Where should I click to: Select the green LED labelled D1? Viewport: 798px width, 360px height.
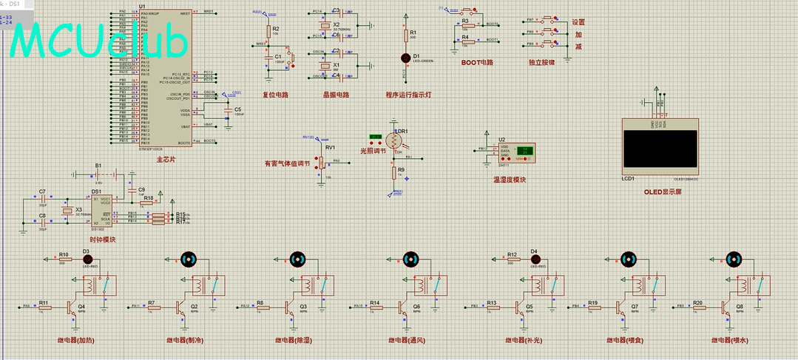[x=405, y=58]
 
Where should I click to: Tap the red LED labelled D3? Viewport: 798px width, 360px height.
[x=86, y=259]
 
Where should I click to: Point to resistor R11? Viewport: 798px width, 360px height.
[x=44, y=306]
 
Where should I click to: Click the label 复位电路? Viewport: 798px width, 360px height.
[x=275, y=95]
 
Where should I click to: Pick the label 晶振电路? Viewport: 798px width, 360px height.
[x=336, y=95]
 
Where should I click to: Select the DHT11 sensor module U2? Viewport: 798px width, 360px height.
[x=516, y=152]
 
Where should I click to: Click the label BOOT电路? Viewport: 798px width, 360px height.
[x=476, y=63]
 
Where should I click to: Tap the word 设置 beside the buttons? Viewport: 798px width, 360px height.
[x=578, y=21]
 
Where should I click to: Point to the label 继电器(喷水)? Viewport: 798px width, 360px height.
[x=731, y=340]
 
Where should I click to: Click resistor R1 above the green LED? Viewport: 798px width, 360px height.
[x=405, y=35]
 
